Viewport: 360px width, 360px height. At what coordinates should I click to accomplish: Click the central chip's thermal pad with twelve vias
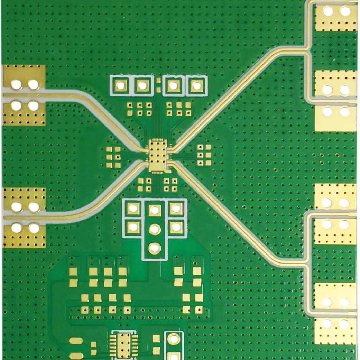157,156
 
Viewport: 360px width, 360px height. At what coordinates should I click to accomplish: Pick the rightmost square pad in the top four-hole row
196,85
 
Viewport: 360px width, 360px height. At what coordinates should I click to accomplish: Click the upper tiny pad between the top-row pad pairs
158,81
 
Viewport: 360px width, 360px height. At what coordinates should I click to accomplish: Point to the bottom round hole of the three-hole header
155,248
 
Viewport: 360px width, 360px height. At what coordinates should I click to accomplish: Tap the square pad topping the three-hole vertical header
155,210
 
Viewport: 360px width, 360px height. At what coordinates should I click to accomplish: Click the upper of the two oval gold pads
76,341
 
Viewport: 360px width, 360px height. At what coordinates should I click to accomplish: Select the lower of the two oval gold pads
76,355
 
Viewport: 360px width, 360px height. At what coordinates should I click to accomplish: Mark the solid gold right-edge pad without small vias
335,118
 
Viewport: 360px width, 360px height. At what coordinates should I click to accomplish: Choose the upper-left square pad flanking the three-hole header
133,208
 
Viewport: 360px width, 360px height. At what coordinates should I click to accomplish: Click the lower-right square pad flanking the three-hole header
176,227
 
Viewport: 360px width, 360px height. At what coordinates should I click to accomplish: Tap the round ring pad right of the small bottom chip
173,339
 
